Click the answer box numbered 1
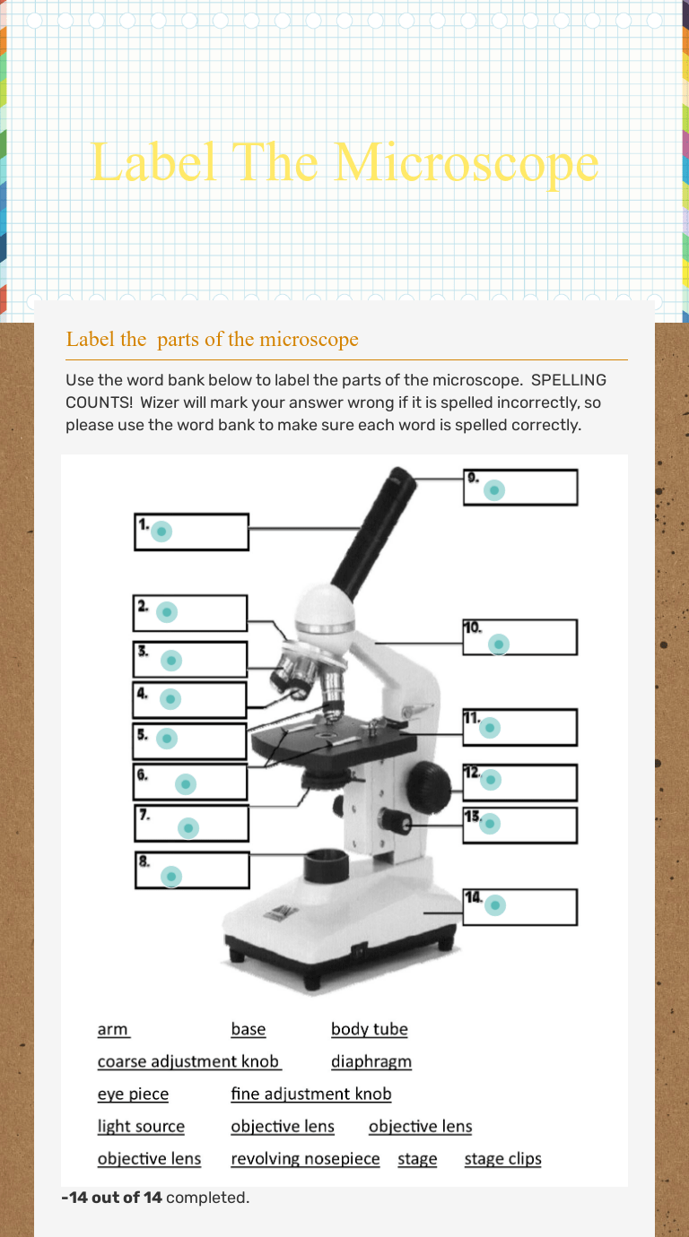tap(191, 532)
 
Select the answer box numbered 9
tap(520, 488)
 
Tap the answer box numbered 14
tap(520, 906)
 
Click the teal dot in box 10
tap(500, 644)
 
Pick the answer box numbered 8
tap(192, 870)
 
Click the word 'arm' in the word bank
tap(113, 1029)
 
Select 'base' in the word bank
tap(249, 1029)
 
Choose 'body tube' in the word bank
tap(370, 1029)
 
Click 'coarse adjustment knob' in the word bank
tap(189, 1061)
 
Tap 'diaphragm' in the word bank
tap(371, 1061)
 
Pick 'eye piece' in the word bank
tap(133, 1094)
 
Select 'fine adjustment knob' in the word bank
tap(311, 1094)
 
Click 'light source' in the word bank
tap(141, 1126)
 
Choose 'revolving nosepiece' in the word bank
tap(305, 1158)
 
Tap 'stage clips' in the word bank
tap(503, 1158)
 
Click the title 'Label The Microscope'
tap(344, 163)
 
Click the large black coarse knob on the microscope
tap(428, 787)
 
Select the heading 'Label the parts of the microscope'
tap(213, 339)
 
